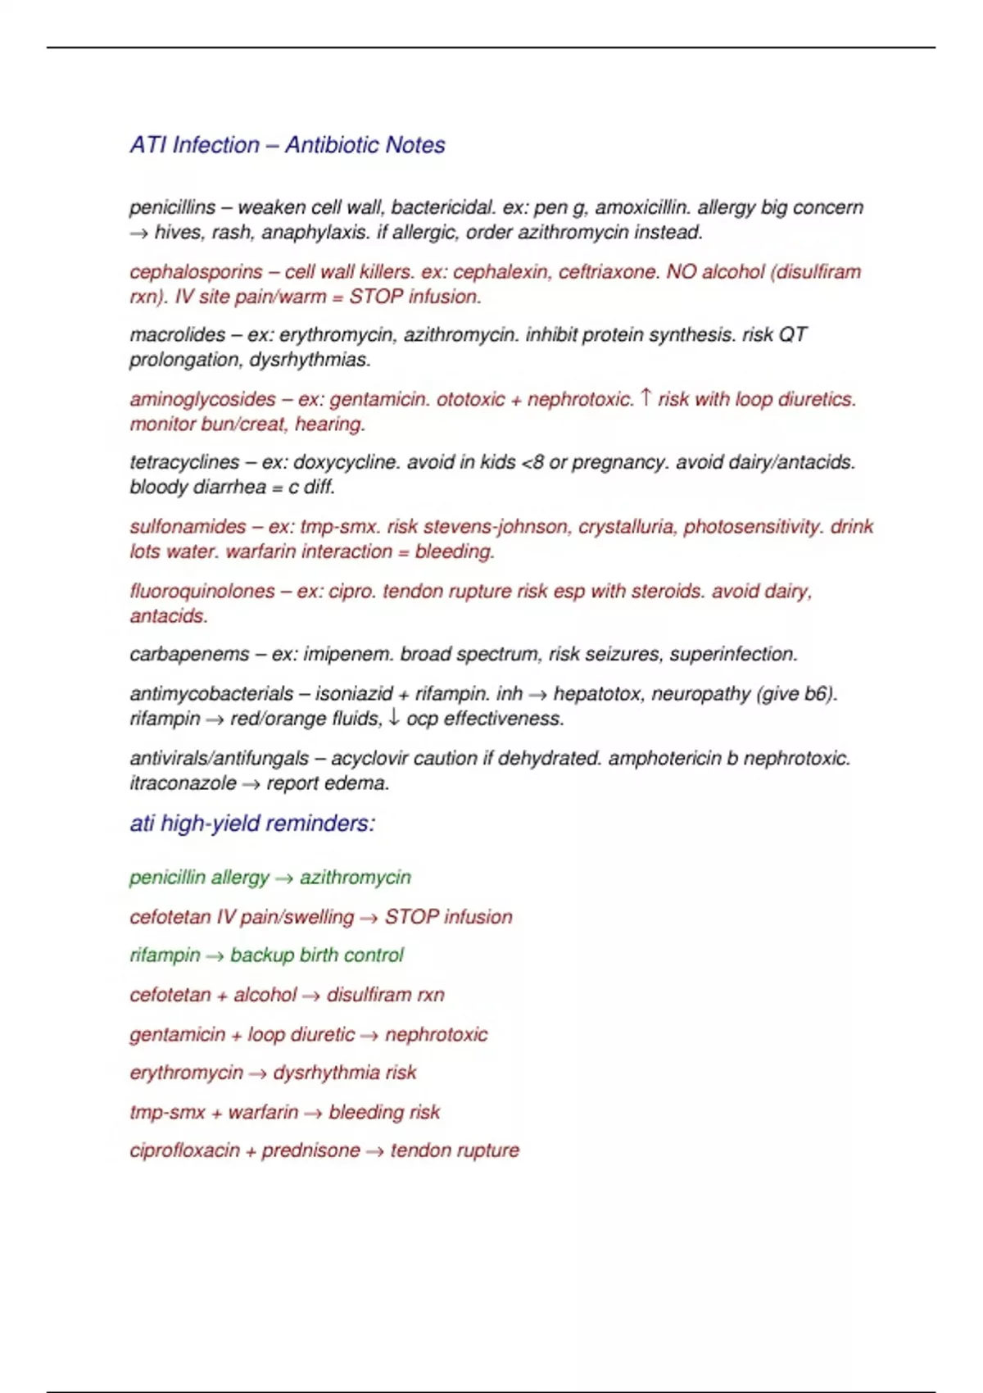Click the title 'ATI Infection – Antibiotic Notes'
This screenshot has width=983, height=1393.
(287, 145)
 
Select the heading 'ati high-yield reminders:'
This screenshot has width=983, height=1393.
(252, 824)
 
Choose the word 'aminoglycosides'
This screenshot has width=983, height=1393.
(202, 400)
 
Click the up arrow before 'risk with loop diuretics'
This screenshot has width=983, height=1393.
(646, 398)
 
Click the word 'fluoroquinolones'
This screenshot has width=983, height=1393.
(202, 592)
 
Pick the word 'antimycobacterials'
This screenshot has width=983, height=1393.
(211, 694)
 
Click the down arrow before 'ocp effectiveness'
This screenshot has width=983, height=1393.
(394, 718)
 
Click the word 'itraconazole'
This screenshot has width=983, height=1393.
(183, 783)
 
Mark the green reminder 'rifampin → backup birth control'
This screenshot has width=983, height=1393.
(266, 955)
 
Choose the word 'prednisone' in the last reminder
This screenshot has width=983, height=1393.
(310, 1150)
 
